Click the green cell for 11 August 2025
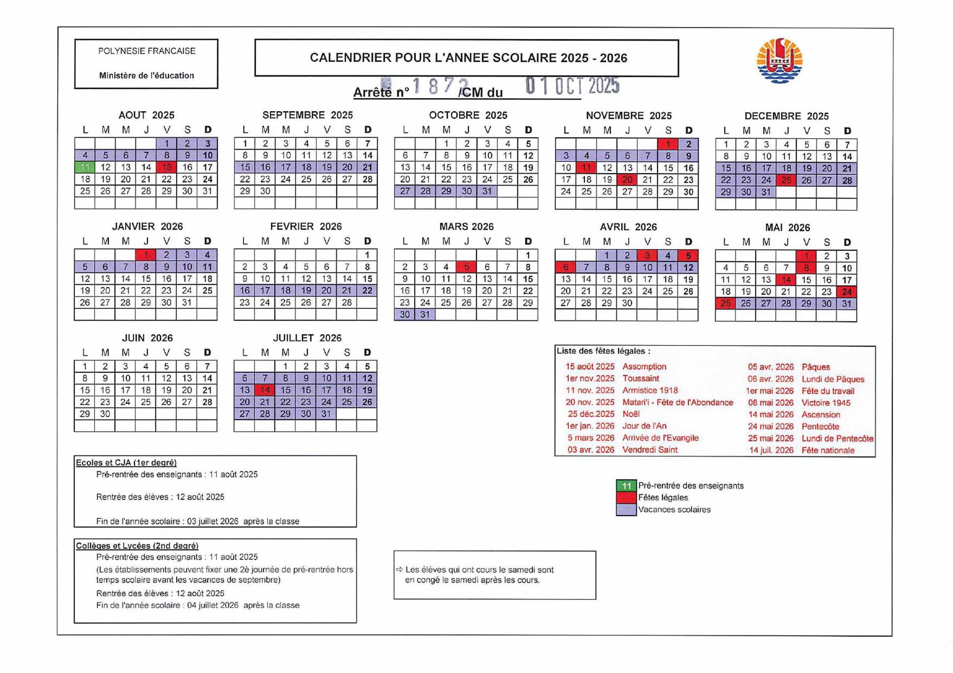click(x=85, y=167)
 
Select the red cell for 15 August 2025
click(x=167, y=167)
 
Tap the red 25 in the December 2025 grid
click(x=786, y=180)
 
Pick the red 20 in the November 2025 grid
click(x=627, y=180)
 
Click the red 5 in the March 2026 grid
click(x=466, y=267)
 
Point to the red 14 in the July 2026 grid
click(x=265, y=390)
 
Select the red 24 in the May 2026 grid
click(x=846, y=292)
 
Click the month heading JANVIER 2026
click(x=147, y=226)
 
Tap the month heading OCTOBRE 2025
click(x=468, y=115)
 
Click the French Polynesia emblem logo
click(x=779, y=61)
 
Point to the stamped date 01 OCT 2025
click(x=572, y=86)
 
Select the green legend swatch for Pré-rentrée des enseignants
click(x=626, y=486)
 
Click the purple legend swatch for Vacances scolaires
click(x=626, y=510)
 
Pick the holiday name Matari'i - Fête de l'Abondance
click(x=678, y=402)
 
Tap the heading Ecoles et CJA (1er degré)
click(x=126, y=462)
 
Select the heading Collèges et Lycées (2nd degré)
click(x=137, y=546)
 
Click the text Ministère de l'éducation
click(x=146, y=75)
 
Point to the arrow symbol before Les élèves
click(x=399, y=570)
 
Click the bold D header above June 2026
click(x=208, y=353)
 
